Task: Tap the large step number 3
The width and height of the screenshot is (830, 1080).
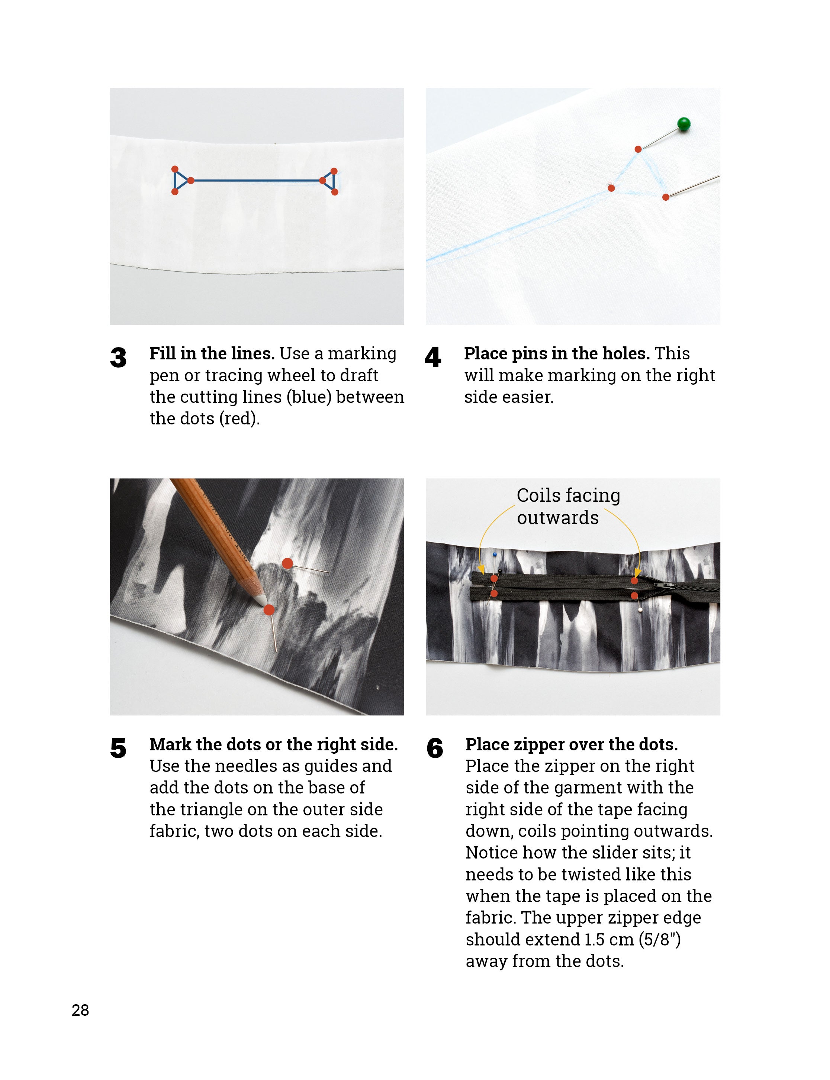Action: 118,358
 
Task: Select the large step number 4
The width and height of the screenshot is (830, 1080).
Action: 433,358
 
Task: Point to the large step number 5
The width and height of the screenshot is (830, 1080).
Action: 118,748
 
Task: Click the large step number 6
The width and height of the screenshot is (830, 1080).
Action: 435,748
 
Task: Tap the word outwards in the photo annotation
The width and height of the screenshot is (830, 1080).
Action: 557,518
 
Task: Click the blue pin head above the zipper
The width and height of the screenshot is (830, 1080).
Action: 495,555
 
